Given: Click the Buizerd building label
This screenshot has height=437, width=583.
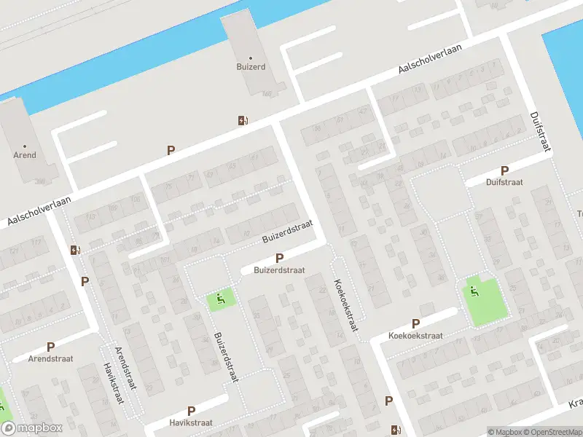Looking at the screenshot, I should coord(251,66).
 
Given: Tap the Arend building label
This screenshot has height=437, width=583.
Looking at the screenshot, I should coord(25,155).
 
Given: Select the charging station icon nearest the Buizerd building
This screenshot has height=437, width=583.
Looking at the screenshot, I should coord(242,120).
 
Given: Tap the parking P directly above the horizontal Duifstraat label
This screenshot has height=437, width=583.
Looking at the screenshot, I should coord(504,171).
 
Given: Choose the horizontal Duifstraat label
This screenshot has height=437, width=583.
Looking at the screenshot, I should coord(504,184).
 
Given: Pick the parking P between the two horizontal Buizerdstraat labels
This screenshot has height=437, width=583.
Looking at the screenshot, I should coord(279,258).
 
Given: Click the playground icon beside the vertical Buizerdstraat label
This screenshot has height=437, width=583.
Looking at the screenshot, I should coord(221,299).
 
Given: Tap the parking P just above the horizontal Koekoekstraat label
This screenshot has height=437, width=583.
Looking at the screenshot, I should coord(415,323).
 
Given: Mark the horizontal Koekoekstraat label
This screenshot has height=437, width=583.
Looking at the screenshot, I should coord(416,336).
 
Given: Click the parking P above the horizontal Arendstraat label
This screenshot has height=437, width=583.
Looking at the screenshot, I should coord(50,347).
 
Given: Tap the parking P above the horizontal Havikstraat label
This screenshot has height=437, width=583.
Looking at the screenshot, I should coord(191,411).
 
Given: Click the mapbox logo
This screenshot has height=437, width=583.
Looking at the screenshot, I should coord(31,428).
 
